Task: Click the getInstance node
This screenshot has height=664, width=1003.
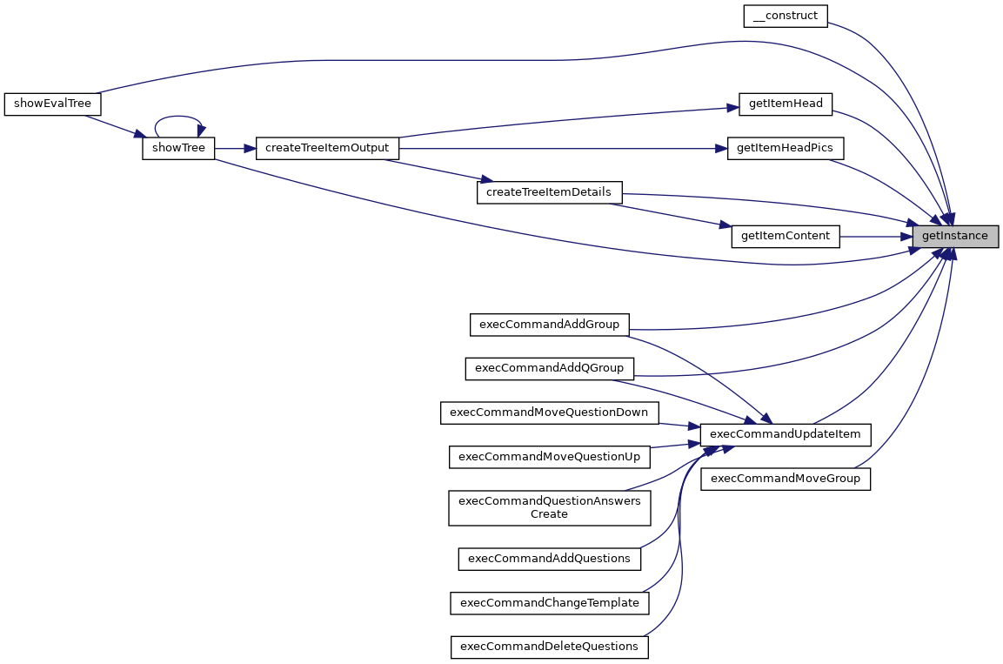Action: pyautogui.click(x=954, y=236)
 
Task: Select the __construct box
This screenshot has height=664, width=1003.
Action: pyautogui.click(x=786, y=16)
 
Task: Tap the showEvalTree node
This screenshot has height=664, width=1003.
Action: pyautogui.click(x=52, y=104)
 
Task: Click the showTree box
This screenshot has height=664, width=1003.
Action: pyautogui.click(x=178, y=148)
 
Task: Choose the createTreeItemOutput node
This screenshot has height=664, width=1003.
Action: pyautogui.click(x=326, y=148)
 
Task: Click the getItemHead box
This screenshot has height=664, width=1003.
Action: pyautogui.click(x=786, y=104)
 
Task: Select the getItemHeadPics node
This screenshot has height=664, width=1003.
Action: pyautogui.click(x=785, y=148)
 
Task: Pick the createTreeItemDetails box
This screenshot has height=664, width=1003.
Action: pyautogui.click(x=549, y=192)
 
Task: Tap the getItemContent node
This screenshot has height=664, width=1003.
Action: pyautogui.click(x=786, y=236)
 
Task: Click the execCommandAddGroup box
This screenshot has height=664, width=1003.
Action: pyautogui.click(x=549, y=325)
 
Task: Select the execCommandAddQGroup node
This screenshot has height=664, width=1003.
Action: pyautogui.click(x=549, y=368)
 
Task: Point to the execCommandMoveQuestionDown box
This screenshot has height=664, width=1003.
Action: pyautogui.click(x=549, y=412)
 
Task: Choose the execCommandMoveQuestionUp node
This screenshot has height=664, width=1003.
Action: pyautogui.click(x=549, y=456)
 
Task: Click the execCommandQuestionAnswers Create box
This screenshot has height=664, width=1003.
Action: pyautogui.click(x=549, y=507)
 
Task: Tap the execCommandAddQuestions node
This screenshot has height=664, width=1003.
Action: pyautogui.click(x=549, y=559)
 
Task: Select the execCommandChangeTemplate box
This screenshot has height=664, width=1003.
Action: pyautogui.click(x=549, y=603)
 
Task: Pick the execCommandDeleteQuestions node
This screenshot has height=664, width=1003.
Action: pyautogui.click(x=549, y=647)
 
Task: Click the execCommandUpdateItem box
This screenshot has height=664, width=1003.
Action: pyautogui.click(x=786, y=434)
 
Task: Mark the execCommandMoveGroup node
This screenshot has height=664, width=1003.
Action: pyautogui.click(x=786, y=479)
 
